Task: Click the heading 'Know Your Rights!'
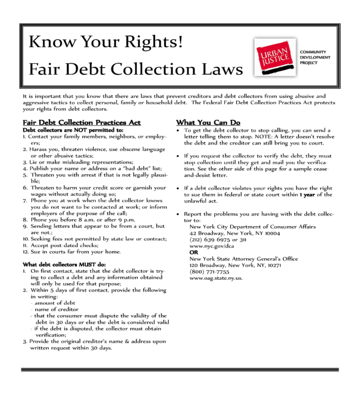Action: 106,42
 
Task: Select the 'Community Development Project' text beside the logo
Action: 315,57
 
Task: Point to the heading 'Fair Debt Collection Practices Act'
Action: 82,123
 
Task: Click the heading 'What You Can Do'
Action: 208,123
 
